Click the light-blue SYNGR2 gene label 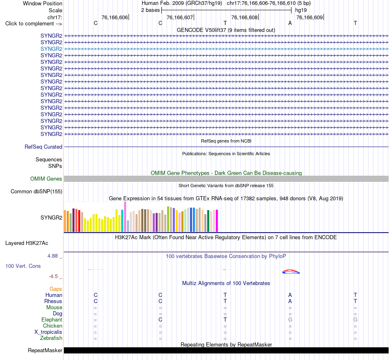pos(51,49)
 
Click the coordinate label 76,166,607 pos(180,17)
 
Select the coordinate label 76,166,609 pos(310,17)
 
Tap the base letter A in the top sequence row pos(290,23)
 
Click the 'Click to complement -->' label pos(34,24)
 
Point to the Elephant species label pos(52,319)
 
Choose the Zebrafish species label pos(51,338)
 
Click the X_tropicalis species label pos(48,332)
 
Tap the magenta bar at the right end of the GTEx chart pos(217,221)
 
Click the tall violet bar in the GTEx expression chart pos(125,217)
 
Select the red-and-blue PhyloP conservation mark pos(291,272)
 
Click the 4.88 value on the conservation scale pos(52,256)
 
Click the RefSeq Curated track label pos(43,147)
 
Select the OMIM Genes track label pos(46,179)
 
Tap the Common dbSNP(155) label pos(36,192)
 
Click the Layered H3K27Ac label pos(27,243)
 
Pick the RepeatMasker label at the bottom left pos(45,350)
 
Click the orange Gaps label pos(56,289)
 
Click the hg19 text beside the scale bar pos(301,10)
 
